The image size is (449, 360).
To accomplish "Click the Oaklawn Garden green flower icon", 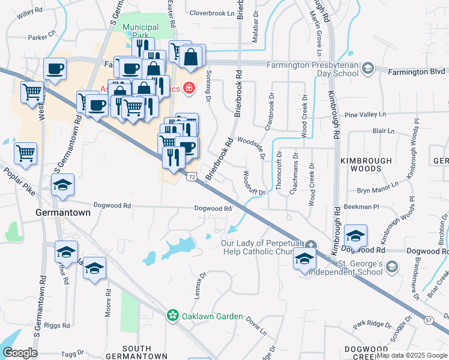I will click(173, 315).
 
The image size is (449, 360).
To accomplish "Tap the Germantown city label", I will click(63, 212).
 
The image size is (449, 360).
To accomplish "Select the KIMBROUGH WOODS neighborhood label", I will click(366, 164).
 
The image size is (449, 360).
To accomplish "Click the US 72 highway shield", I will click(191, 176).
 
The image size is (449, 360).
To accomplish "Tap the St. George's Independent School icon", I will click(391, 266).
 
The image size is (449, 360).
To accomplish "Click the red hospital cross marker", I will click(190, 89).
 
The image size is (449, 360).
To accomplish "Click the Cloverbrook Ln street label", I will click(211, 13).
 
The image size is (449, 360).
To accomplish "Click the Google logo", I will click(20, 353).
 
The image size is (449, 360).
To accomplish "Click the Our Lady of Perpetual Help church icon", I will click(310, 244).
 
